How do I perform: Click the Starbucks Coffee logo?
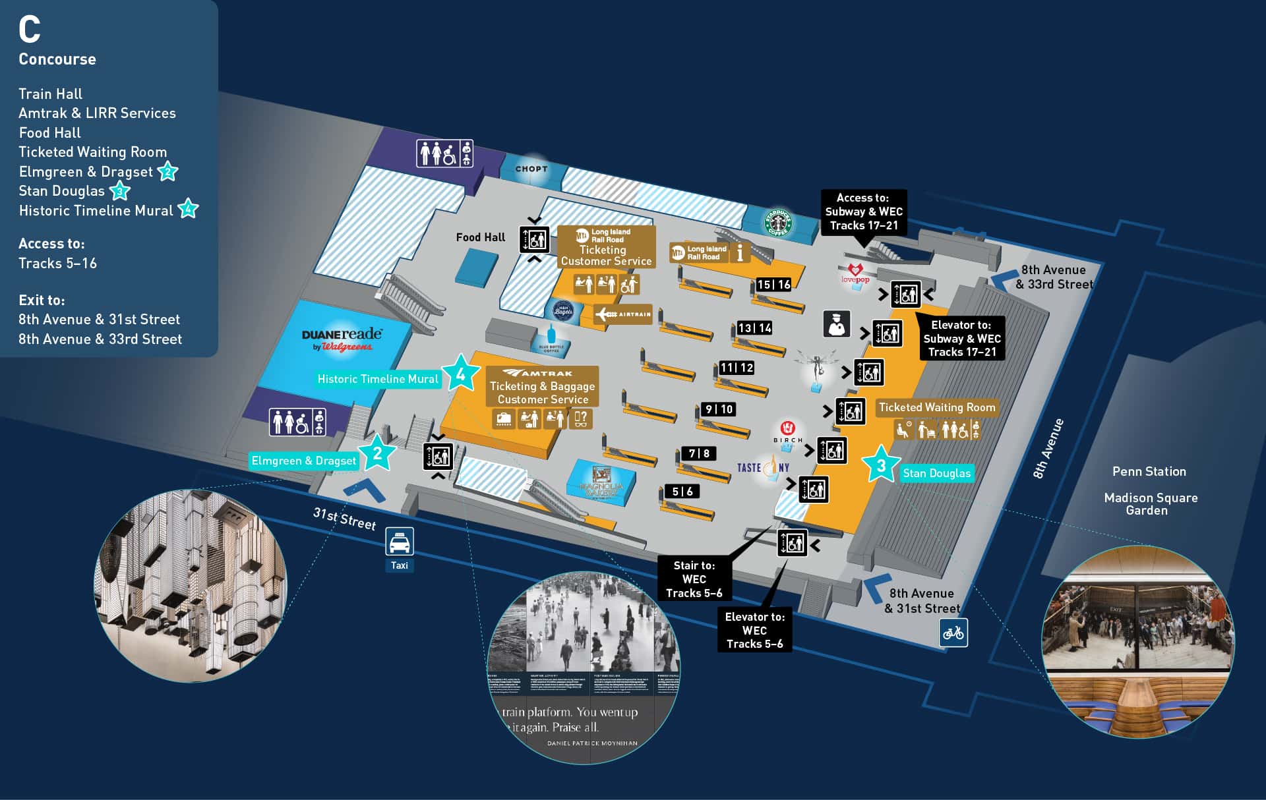[x=777, y=222]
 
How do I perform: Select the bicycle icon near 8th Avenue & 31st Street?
[x=953, y=633]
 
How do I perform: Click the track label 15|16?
[x=773, y=285]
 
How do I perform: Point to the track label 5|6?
[x=682, y=492]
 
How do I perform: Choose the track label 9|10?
[x=719, y=409]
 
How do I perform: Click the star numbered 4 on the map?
[x=460, y=374]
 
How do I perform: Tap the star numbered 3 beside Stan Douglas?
[x=881, y=466]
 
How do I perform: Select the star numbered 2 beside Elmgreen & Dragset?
[x=377, y=453]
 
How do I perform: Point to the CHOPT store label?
[x=531, y=169]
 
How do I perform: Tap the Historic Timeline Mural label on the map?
[x=377, y=379]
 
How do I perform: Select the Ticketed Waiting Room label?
[x=937, y=407]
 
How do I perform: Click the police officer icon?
[x=837, y=324]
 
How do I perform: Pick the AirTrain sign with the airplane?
[x=623, y=314]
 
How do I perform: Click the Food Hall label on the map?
[x=480, y=237]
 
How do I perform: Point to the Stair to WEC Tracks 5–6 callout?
[x=694, y=579]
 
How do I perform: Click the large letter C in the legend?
[x=30, y=30]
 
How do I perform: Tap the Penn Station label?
[x=1149, y=472]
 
